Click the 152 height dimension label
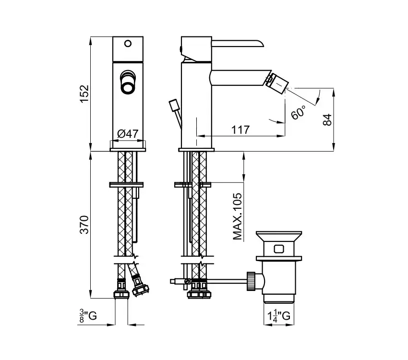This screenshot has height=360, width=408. [84, 94]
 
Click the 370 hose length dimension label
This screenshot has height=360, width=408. [84, 225]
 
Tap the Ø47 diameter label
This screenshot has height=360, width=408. [128, 134]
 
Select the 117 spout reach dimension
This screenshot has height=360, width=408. [240, 130]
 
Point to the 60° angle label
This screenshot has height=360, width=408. [298, 112]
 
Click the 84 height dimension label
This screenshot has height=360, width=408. [327, 120]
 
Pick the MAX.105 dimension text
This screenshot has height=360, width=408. [237, 216]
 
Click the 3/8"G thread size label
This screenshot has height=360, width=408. [88, 316]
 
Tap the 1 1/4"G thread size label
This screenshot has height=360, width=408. [279, 316]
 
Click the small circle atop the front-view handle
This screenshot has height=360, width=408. [128, 43]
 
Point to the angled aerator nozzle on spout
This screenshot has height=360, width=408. [277, 81]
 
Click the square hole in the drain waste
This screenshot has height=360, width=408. [279, 249]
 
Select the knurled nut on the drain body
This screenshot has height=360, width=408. [251, 281]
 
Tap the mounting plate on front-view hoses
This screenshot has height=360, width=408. [126, 185]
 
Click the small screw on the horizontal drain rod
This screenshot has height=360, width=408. [186, 281]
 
